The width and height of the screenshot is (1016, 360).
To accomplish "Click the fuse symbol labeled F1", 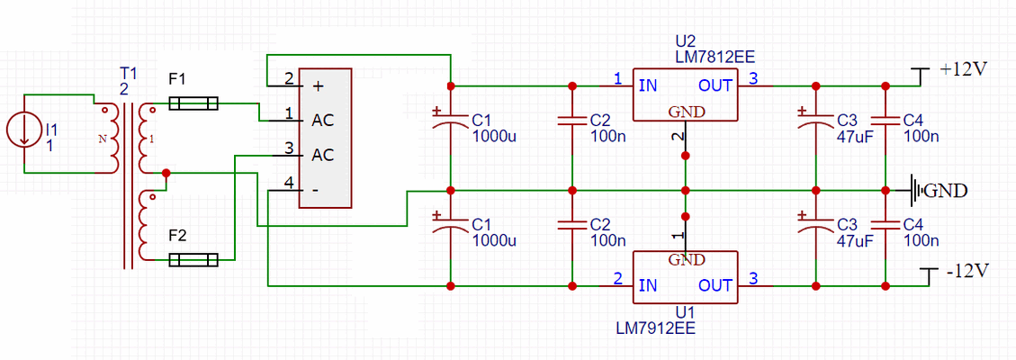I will (x=193, y=104).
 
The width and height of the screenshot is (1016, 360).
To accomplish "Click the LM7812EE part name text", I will (x=715, y=57).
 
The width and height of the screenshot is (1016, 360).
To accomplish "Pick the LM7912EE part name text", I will (x=656, y=328).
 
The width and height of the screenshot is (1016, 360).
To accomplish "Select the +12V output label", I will (x=964, y=69).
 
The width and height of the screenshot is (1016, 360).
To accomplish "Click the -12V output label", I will (x=967, y=271).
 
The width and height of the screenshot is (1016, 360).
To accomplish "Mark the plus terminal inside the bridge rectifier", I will (x=318, y=86).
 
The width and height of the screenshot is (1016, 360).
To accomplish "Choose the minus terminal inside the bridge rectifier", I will (x=316, y=190).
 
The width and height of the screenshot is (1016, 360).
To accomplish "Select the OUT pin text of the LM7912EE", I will (x=715, y=285).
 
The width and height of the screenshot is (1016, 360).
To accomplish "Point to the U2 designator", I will (x=685, y=41).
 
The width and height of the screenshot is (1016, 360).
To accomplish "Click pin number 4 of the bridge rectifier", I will (x=288, y=183).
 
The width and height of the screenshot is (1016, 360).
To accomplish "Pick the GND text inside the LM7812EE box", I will (x=686, y=112).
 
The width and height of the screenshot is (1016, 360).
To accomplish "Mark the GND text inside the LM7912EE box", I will (x=686, y=260).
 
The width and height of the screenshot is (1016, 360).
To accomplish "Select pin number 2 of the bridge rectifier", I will (x=288, y=79).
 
